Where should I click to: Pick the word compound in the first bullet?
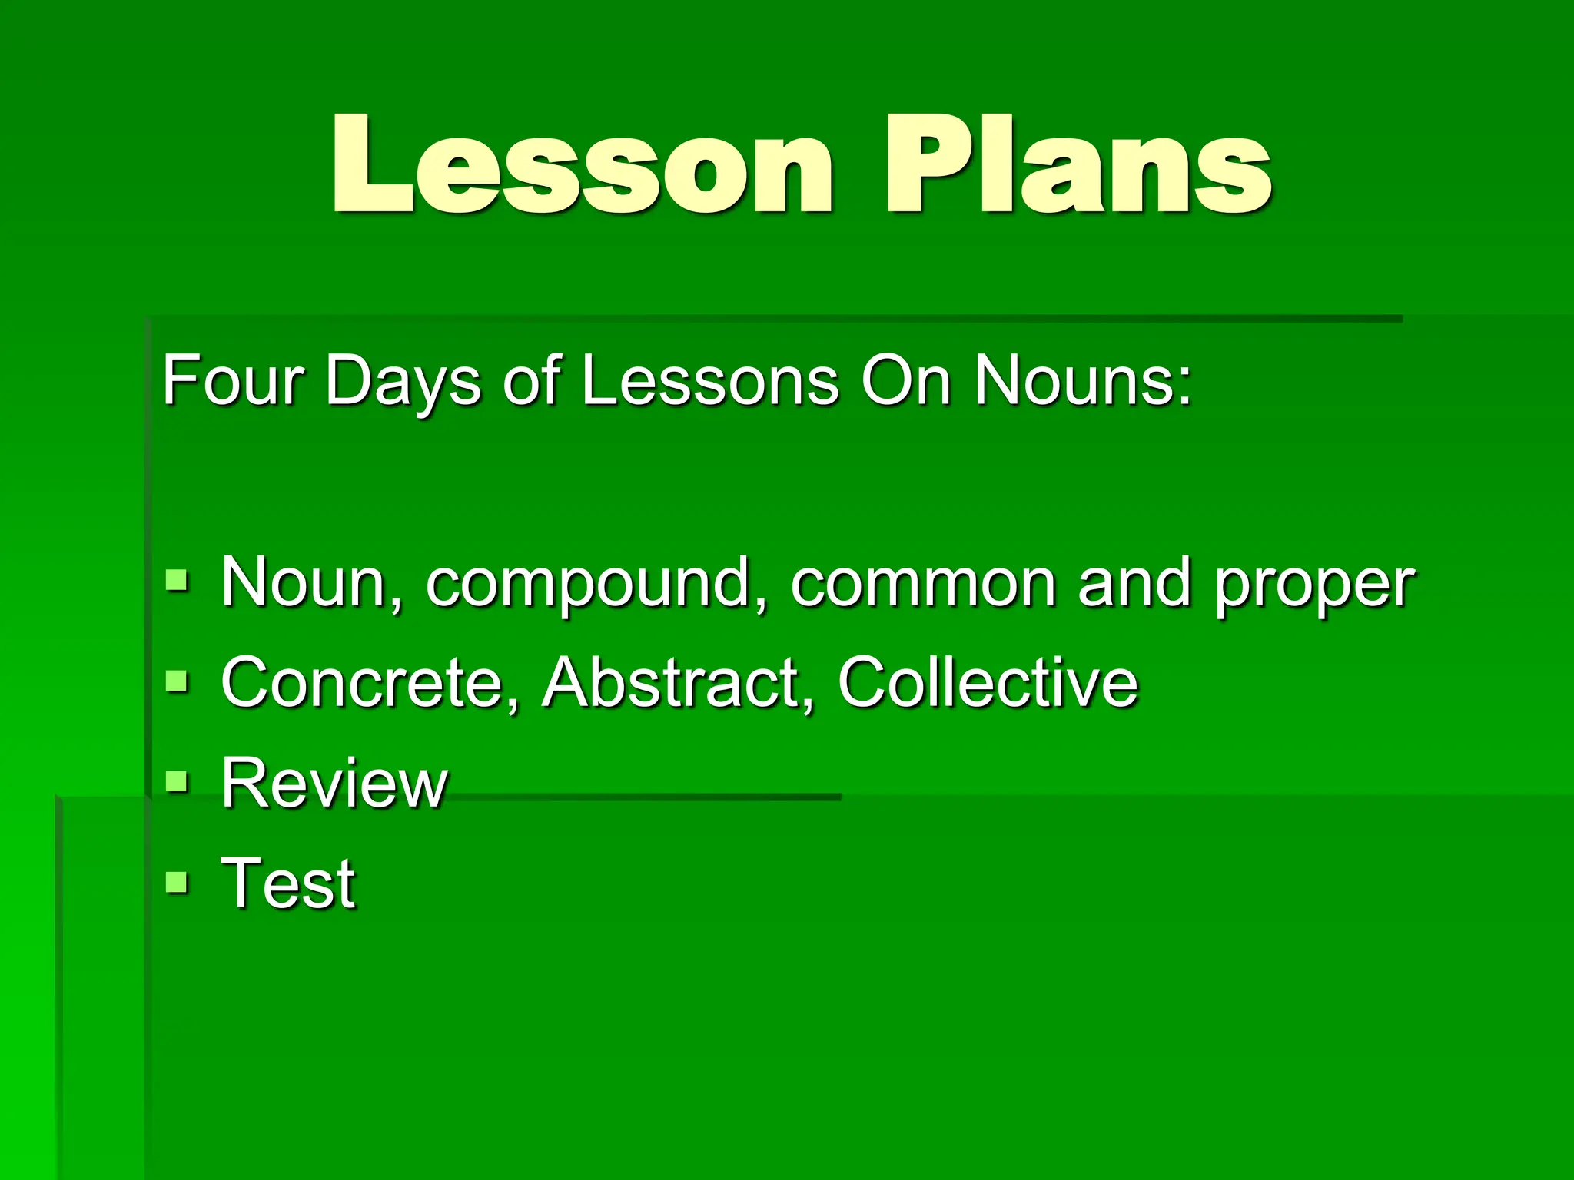pyautogui.click(x=597, y=584)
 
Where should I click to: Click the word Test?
pyautogui.click(x=288, y=883)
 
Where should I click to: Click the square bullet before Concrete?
pyautogui.click(x=177, y=681)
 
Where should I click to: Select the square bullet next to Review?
pyautogui.click(x=177, y=781)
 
